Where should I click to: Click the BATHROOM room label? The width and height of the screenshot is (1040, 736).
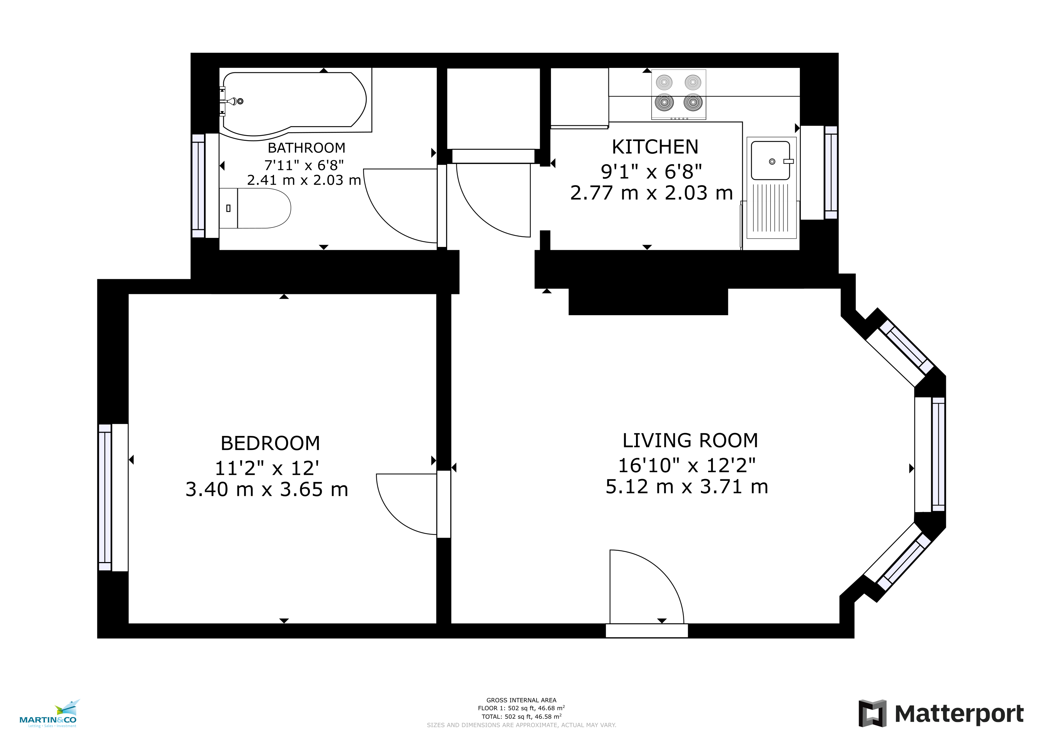pyautogui.click(x=306, y=148)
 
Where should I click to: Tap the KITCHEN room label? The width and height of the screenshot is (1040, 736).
pyautogui.click(x=655, y=147)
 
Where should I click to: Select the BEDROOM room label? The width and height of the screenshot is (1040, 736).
pyautogui.click(x=270, y=443)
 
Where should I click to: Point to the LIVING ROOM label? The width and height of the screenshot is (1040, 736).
pyautogui.click(x=690, y=441)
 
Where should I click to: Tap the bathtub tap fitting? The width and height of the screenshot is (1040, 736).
pyautogui.click(x=232, y=101)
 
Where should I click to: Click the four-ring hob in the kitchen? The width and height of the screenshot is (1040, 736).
pyautogui.click(x=678, y=94)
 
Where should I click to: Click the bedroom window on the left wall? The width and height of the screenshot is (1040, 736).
pyautogui.click(x=105, y=497)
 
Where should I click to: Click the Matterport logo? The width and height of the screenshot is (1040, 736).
pyautogui.click(x=941, y=713)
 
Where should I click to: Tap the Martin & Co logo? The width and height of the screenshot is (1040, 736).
pyautogui.click(x=48, y=713)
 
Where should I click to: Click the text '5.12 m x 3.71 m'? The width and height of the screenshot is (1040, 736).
pyautogui.click(x=687, y=487)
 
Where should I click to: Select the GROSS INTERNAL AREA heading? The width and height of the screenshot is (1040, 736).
pyautogui.click(x=521, y=700)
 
